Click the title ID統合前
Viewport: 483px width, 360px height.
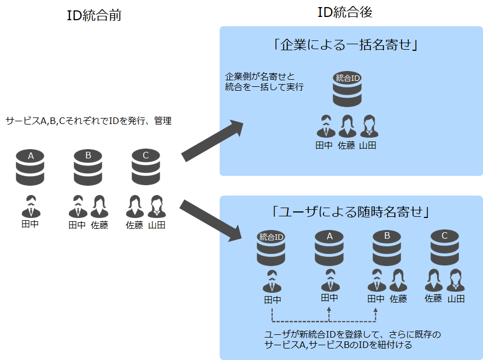click(93, 15)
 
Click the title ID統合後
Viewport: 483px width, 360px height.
click(345, 13)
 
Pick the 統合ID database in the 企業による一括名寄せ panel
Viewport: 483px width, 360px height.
click(347, 89)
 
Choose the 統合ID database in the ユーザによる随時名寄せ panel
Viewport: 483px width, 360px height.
click(272, 248)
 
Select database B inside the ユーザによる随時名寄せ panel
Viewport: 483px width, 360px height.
click(387, 247)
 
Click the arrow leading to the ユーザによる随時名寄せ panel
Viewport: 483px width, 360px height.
click(211, 220)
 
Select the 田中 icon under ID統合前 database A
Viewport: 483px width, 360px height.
click(31, 206)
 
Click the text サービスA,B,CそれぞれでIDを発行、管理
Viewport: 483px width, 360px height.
click(89, 121)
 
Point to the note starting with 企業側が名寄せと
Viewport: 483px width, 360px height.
click(264, 81)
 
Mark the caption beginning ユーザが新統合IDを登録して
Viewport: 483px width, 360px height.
click(352, 339)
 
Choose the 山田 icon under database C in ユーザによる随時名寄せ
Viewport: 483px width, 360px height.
click(456, 280)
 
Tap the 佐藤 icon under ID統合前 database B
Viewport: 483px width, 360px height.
click(99, 206)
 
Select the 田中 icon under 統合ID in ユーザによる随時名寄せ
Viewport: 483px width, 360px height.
click(272, 281)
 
